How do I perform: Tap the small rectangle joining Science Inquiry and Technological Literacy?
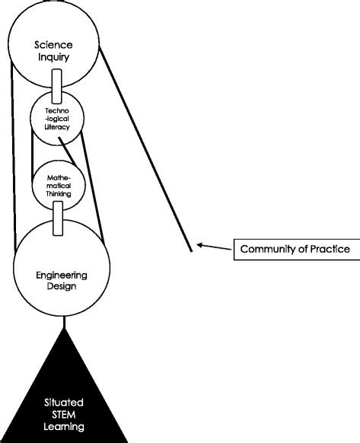coord(56,84)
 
